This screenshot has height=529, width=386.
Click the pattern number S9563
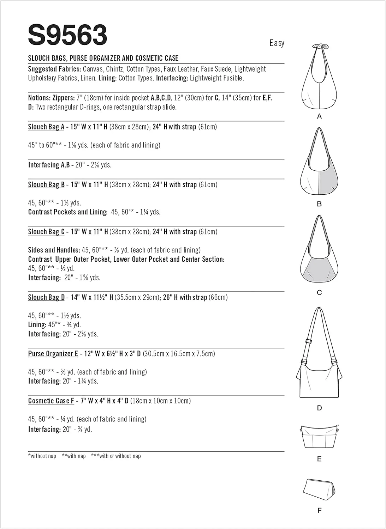click(67, 35)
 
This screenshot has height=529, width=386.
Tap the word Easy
click(277, 43)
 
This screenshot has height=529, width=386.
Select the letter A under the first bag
click(319, 116)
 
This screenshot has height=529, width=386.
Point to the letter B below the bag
click(319, 204)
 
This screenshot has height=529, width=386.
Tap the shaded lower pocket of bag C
click(319, 269)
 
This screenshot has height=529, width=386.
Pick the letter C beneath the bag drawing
click(319, 292)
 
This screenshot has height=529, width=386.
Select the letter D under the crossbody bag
click(319, 408)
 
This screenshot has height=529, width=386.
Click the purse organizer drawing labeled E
click(319, 437)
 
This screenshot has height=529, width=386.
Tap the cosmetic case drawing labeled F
click(319, 490)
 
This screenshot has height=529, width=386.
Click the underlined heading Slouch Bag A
click(46, 127)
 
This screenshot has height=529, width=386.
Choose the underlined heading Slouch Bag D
click(46, 298)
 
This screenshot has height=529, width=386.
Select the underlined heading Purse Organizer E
click(53, 354)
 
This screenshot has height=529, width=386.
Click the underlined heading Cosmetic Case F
click(51, 401)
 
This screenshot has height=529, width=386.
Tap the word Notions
click(39, 98)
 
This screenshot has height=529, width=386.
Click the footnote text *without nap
click(42, 456)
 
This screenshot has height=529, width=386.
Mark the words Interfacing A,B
click(49, 165)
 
